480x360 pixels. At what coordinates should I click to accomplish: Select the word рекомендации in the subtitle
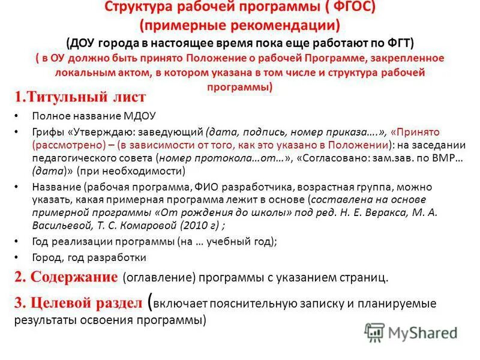click(x=289, y=25)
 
